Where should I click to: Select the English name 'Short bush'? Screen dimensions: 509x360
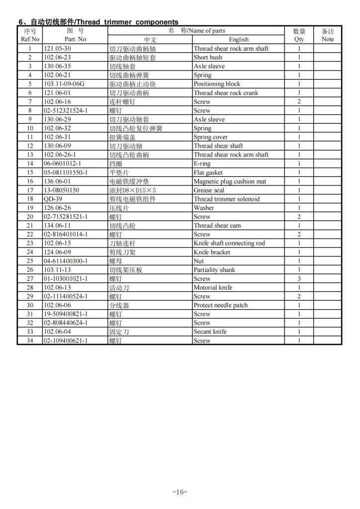pos(208,58)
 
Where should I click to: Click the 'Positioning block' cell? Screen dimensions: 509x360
pos(217,84)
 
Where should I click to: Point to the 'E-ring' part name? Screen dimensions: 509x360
pos(202,164)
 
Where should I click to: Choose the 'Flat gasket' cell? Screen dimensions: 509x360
pos(208,172)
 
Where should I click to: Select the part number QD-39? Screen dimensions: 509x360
pos(53,199)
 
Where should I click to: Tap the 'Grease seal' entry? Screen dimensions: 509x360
pos(209,190)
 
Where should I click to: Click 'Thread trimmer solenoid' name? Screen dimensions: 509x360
pos(226,199)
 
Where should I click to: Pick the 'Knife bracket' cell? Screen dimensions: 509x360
pos(212,252)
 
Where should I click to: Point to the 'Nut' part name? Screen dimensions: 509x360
pos(198,261)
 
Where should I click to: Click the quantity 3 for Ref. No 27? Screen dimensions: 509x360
pos(299,279)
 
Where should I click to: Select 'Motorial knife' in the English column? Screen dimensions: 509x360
pos(213,288)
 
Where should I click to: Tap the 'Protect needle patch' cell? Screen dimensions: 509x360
pos(220,305)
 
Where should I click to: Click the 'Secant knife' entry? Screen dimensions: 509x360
pos(210,332)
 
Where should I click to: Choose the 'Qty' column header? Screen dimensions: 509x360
pos(299,39)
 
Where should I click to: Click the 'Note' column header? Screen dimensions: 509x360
pos(328,39)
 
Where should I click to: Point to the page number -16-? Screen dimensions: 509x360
pos(179,492)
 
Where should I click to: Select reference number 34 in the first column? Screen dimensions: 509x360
pos(30,341)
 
